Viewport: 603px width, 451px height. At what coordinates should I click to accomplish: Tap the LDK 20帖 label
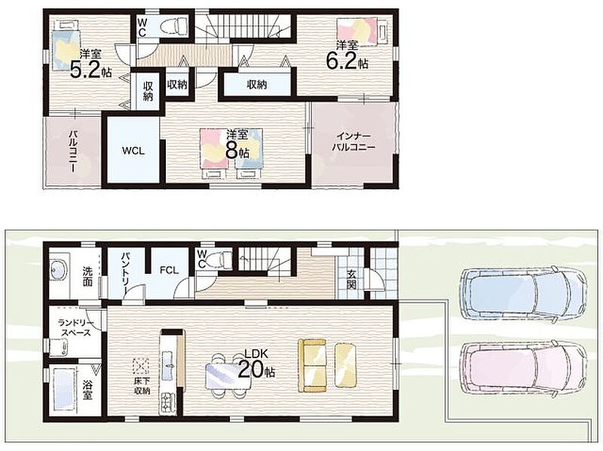click(256, 364)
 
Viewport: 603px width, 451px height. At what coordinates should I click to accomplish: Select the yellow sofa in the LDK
click(312, 366)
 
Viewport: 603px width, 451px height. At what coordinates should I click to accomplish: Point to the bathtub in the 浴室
click(63, 389)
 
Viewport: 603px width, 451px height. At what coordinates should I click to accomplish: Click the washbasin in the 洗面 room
click(59, 268)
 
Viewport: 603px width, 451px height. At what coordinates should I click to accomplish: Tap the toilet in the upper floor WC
click(174, 27)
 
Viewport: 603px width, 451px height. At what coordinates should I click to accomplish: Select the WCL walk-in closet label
click(133, 151)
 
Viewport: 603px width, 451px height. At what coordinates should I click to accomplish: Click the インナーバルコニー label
click(354, 142)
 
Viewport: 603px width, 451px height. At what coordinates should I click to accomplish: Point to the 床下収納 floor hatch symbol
click(141, 366)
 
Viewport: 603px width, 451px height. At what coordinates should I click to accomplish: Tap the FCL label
click(169, 270)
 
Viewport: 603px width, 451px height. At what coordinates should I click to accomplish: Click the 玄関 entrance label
click(351, 280)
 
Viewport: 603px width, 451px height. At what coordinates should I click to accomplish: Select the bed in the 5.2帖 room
click(66, 46)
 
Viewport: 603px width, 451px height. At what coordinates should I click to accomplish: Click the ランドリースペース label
click(75, 328)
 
